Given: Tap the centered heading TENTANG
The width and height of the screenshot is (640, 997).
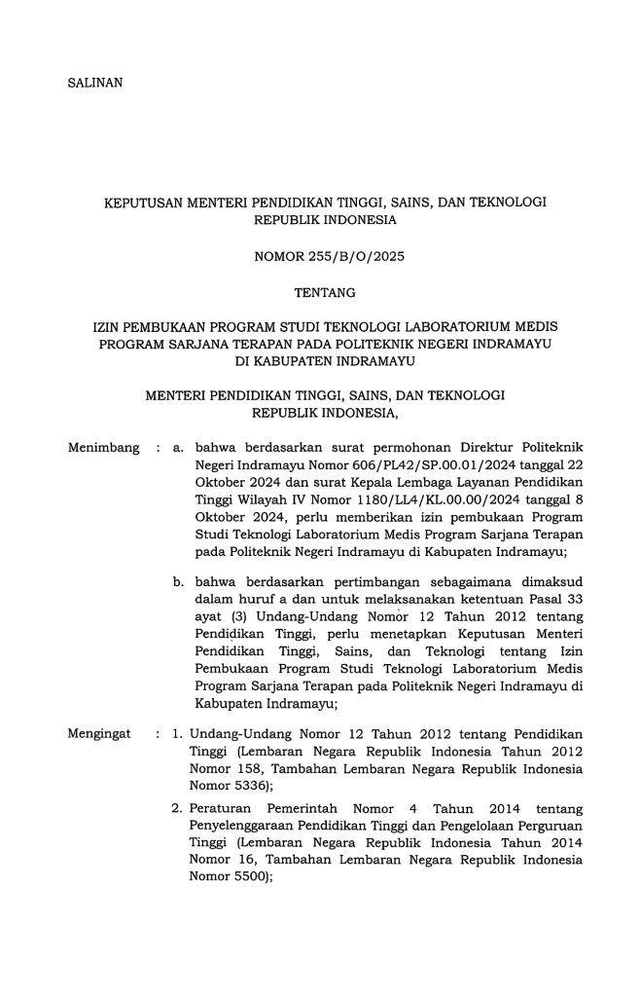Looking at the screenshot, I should pyautogui.click(x=319, y=291).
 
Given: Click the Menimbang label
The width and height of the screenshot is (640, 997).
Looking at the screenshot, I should pyautogui.click(x=98, y=449).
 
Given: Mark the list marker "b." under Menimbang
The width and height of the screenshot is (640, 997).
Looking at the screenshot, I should pyautogui.click(x=179, y=581).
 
